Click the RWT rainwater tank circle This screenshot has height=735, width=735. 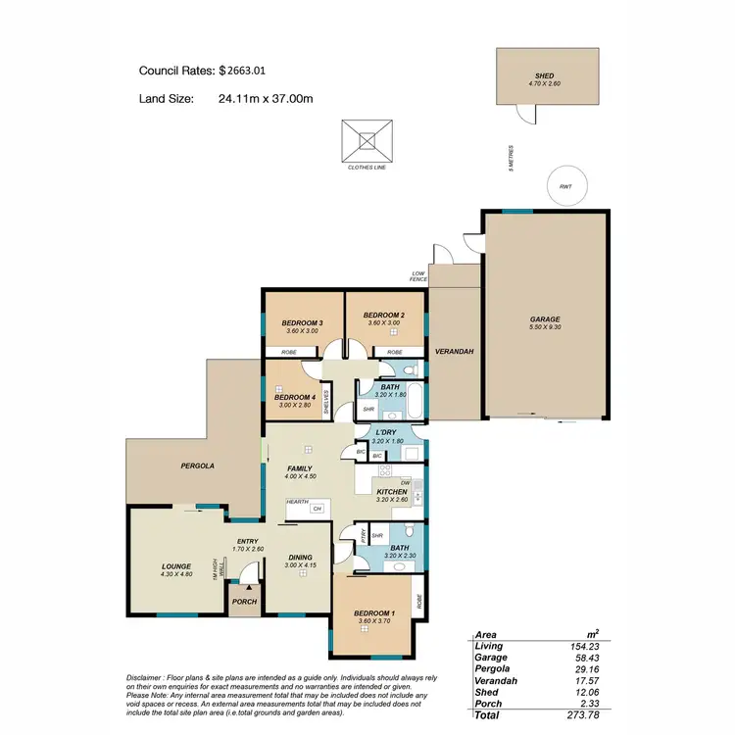(x=565, y=186)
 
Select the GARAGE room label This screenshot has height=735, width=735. (x=546, y=319)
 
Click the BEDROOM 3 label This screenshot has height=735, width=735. (x=303, y=322)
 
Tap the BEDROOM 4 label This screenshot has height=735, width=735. (x=293, y=397)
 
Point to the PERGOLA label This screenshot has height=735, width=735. (x=196, y=467)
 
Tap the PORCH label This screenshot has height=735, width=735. (x=243, y=602)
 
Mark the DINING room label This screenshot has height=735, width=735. (x=300, y=557)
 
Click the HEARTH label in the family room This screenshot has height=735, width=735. (x=297, y=502)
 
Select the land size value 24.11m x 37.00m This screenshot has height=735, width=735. (x=266, y=98)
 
